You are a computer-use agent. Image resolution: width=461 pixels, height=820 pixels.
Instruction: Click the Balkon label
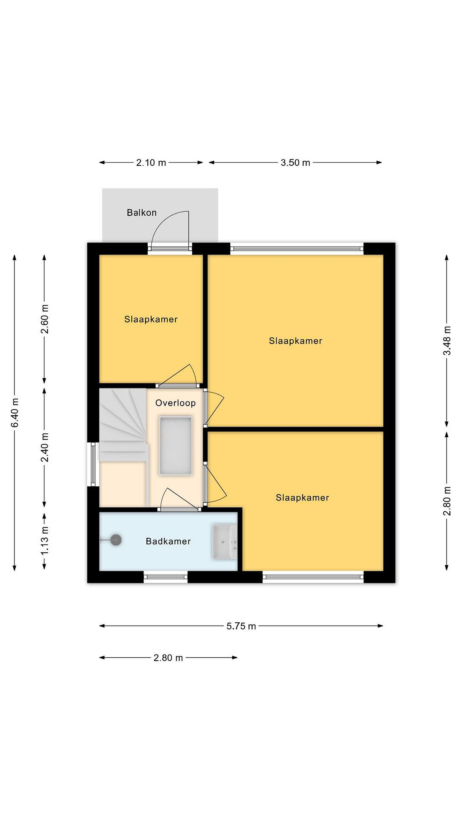(x=142, y=212)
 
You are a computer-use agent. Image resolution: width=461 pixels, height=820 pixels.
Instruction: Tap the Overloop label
(x=175, y=403)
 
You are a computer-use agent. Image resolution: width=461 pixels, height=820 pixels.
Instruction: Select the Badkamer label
(x=168, y=541)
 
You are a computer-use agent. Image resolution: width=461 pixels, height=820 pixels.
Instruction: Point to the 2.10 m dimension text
(x=151, y=163)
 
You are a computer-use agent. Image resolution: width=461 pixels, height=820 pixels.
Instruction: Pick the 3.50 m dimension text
(x=295, y=163)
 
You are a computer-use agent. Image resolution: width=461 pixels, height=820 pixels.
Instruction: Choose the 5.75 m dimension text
(x=241, y=626)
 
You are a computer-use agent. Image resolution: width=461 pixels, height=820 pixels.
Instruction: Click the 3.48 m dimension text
(x=447, y=340)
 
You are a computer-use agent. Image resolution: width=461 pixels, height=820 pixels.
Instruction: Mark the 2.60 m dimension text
(x=45, y=319)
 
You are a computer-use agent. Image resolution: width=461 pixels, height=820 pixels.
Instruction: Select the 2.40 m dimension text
(x=45, y=447)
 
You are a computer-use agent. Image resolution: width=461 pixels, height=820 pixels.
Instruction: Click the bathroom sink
(x=225, y=542)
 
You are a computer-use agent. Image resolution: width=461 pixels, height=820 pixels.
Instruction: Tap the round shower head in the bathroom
(x=116, y=540)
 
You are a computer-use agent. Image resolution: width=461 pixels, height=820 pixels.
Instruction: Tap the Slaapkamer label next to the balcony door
(x=151, y=319)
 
